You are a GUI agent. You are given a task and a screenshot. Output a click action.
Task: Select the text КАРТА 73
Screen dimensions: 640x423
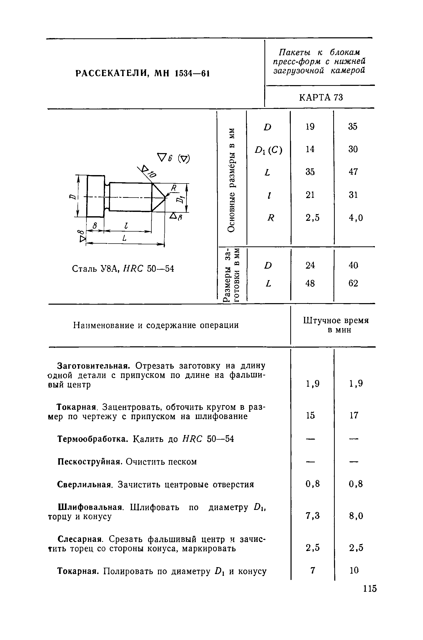point(321,97)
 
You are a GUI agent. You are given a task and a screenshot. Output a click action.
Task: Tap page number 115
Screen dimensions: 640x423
point(369,588)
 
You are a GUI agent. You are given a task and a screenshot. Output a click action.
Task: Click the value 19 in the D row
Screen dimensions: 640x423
point(310,127)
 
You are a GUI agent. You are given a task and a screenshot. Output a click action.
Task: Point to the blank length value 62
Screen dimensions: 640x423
point(353,283)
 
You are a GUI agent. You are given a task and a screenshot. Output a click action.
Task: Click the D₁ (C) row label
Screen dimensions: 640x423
point(269,150)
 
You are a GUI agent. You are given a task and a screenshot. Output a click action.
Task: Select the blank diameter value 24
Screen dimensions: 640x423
point(310,265)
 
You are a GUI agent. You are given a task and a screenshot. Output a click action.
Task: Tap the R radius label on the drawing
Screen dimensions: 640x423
point(173,188)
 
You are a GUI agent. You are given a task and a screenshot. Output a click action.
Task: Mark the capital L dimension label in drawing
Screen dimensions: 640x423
point(124,238)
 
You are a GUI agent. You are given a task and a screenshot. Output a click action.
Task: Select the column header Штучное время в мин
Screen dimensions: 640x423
point(336,325)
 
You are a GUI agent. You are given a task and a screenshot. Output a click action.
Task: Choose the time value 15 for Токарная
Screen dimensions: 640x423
point(310,415)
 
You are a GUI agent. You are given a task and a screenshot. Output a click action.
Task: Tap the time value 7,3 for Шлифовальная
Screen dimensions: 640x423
point(313,516)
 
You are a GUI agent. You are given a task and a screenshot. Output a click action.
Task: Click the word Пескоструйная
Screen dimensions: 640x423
point(91,462)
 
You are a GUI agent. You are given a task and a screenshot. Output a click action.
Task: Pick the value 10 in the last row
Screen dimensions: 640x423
point(354,570)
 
